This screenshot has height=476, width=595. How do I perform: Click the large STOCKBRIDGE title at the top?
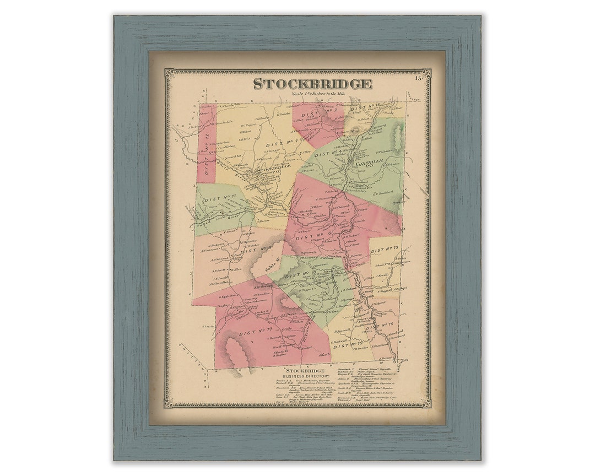(312, 84)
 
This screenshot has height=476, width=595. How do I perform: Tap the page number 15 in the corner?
(419, 78)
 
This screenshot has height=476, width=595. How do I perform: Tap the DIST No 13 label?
(384, 251)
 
